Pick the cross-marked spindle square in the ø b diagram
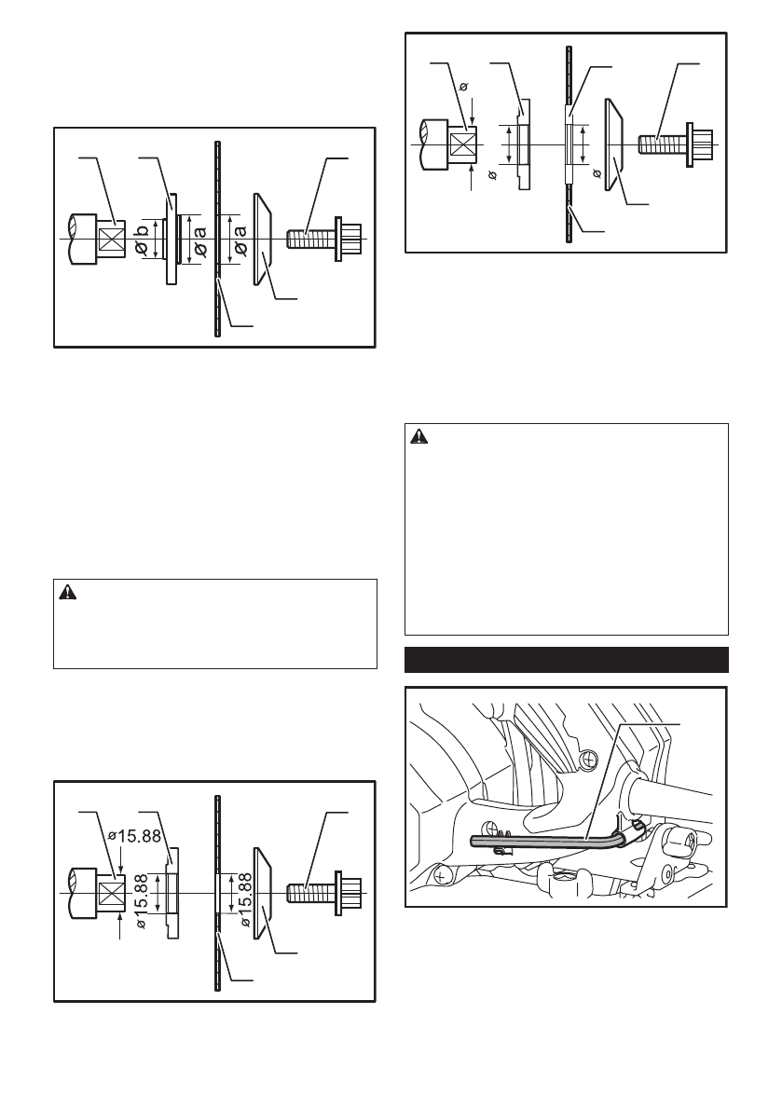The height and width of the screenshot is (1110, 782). click(x=111, y=239)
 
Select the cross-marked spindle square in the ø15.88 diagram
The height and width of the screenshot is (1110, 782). click(x=111, y=891)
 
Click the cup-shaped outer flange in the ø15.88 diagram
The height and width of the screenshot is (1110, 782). click(x=262, y=891)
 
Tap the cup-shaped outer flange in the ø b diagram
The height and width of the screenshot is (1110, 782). click(x=262, y=239)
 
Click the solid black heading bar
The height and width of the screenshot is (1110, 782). click(x=567, y=660)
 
